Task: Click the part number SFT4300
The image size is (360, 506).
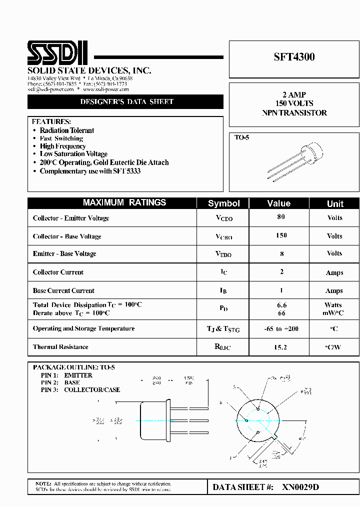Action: coord(294,57)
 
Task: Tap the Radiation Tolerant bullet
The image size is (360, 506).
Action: coord(66,130)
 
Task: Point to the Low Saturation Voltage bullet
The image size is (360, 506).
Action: coord(73,154)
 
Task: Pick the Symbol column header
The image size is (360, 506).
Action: coord(223,203)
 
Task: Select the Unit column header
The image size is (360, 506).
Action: coord(334,203)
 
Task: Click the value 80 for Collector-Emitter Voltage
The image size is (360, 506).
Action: coord(281,217)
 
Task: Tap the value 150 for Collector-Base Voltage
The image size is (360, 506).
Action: coord(281,235)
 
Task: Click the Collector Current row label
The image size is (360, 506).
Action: coord(58,272)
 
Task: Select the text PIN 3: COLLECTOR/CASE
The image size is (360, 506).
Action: coord(80,389)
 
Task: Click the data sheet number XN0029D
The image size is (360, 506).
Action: coord(300,487)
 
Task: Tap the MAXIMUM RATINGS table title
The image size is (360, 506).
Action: coord(124,203)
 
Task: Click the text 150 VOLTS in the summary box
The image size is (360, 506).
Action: coord(294,103)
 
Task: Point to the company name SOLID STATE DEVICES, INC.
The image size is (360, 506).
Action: coord(89,70)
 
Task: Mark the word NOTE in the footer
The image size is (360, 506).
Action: coord(43,484)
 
